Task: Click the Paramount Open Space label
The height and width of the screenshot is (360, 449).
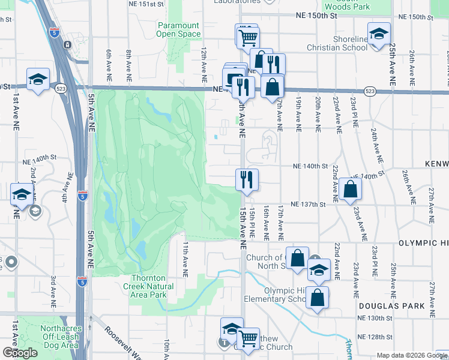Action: click(178, 29)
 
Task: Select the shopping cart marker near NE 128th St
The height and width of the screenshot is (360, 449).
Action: click(247, 339)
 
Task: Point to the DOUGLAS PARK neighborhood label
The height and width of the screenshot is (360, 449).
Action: click(392, 306)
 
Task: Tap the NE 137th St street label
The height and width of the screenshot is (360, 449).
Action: click(307, 205)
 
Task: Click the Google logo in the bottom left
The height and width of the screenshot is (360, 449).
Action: click(20, 353)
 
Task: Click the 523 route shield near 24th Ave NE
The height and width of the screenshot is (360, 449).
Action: click(369, 91)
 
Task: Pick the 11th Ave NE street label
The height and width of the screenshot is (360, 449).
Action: click(185, 254)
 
